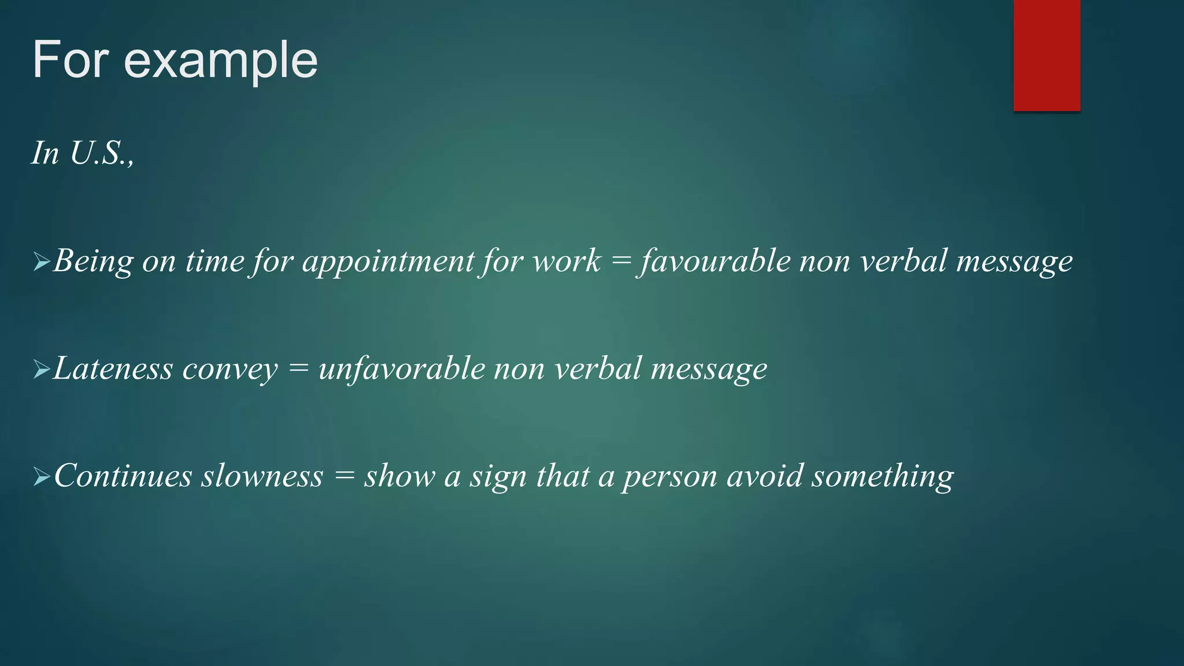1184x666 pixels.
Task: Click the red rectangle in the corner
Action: tap(1046, 55)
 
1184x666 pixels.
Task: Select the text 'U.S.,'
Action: tap(102, 153)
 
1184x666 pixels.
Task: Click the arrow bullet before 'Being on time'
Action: tap(42, 262)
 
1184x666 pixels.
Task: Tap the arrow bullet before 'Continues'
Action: tap(42, 477)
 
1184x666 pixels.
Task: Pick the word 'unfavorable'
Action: tap(402, 369)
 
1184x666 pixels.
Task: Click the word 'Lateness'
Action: tap(113, 369)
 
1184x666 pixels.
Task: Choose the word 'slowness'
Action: tap(262, 476)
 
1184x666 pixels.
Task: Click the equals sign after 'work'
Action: tap(621, 262)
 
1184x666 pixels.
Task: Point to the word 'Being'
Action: tap(93, 262)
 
